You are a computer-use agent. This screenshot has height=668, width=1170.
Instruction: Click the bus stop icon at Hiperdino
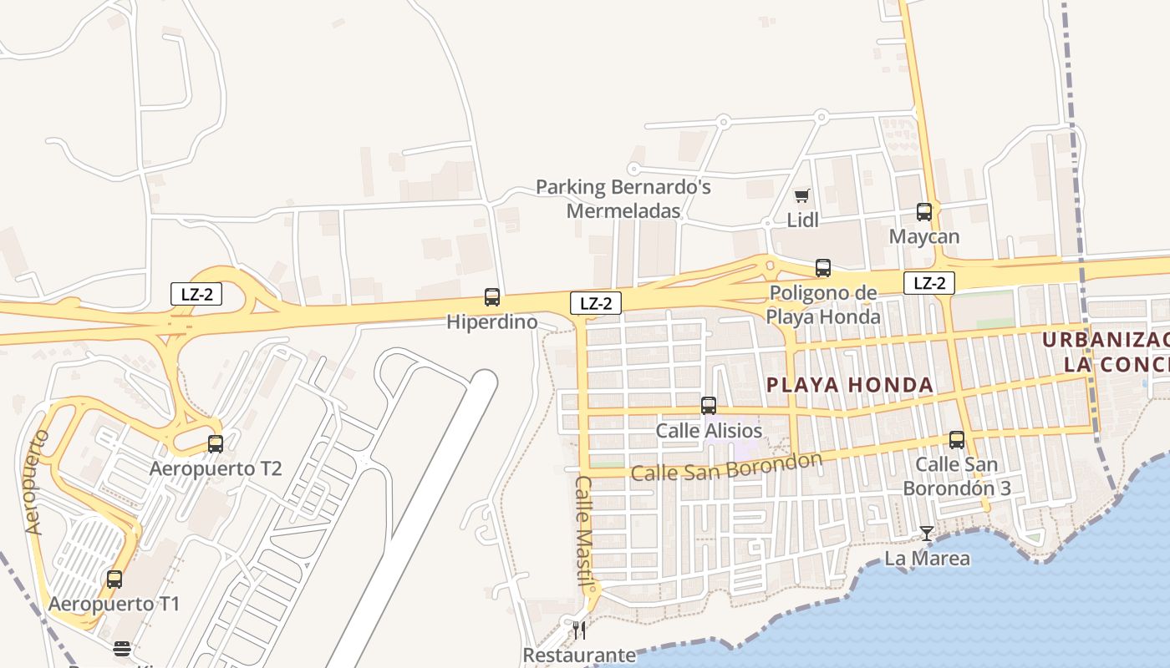492,296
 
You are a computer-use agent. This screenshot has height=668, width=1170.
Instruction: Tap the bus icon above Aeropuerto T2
216,443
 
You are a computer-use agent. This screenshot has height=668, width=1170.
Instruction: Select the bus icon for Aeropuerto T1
114,579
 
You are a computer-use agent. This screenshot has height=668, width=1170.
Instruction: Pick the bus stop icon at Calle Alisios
709,406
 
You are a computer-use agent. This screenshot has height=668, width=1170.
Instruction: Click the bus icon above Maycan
924,212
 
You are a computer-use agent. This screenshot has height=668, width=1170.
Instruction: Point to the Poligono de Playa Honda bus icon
823,268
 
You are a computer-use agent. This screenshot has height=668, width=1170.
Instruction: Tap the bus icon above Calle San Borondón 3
957,439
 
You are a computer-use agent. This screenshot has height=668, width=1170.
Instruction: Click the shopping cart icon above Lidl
802,195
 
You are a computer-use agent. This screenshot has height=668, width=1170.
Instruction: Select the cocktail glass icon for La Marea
927,533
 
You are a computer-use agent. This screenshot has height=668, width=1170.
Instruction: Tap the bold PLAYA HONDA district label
850,385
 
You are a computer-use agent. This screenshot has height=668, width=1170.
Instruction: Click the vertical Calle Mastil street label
584,531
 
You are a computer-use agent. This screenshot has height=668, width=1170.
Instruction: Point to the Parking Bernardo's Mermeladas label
623,199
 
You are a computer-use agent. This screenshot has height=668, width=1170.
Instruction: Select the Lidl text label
803,220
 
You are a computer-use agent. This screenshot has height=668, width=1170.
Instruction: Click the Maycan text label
924,236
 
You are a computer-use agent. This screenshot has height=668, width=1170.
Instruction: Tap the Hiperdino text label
492,321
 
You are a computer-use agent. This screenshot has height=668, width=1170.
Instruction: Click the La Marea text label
928,558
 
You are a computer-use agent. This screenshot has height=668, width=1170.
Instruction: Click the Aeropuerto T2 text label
216,468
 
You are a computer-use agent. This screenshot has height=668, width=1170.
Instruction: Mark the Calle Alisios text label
709,431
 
